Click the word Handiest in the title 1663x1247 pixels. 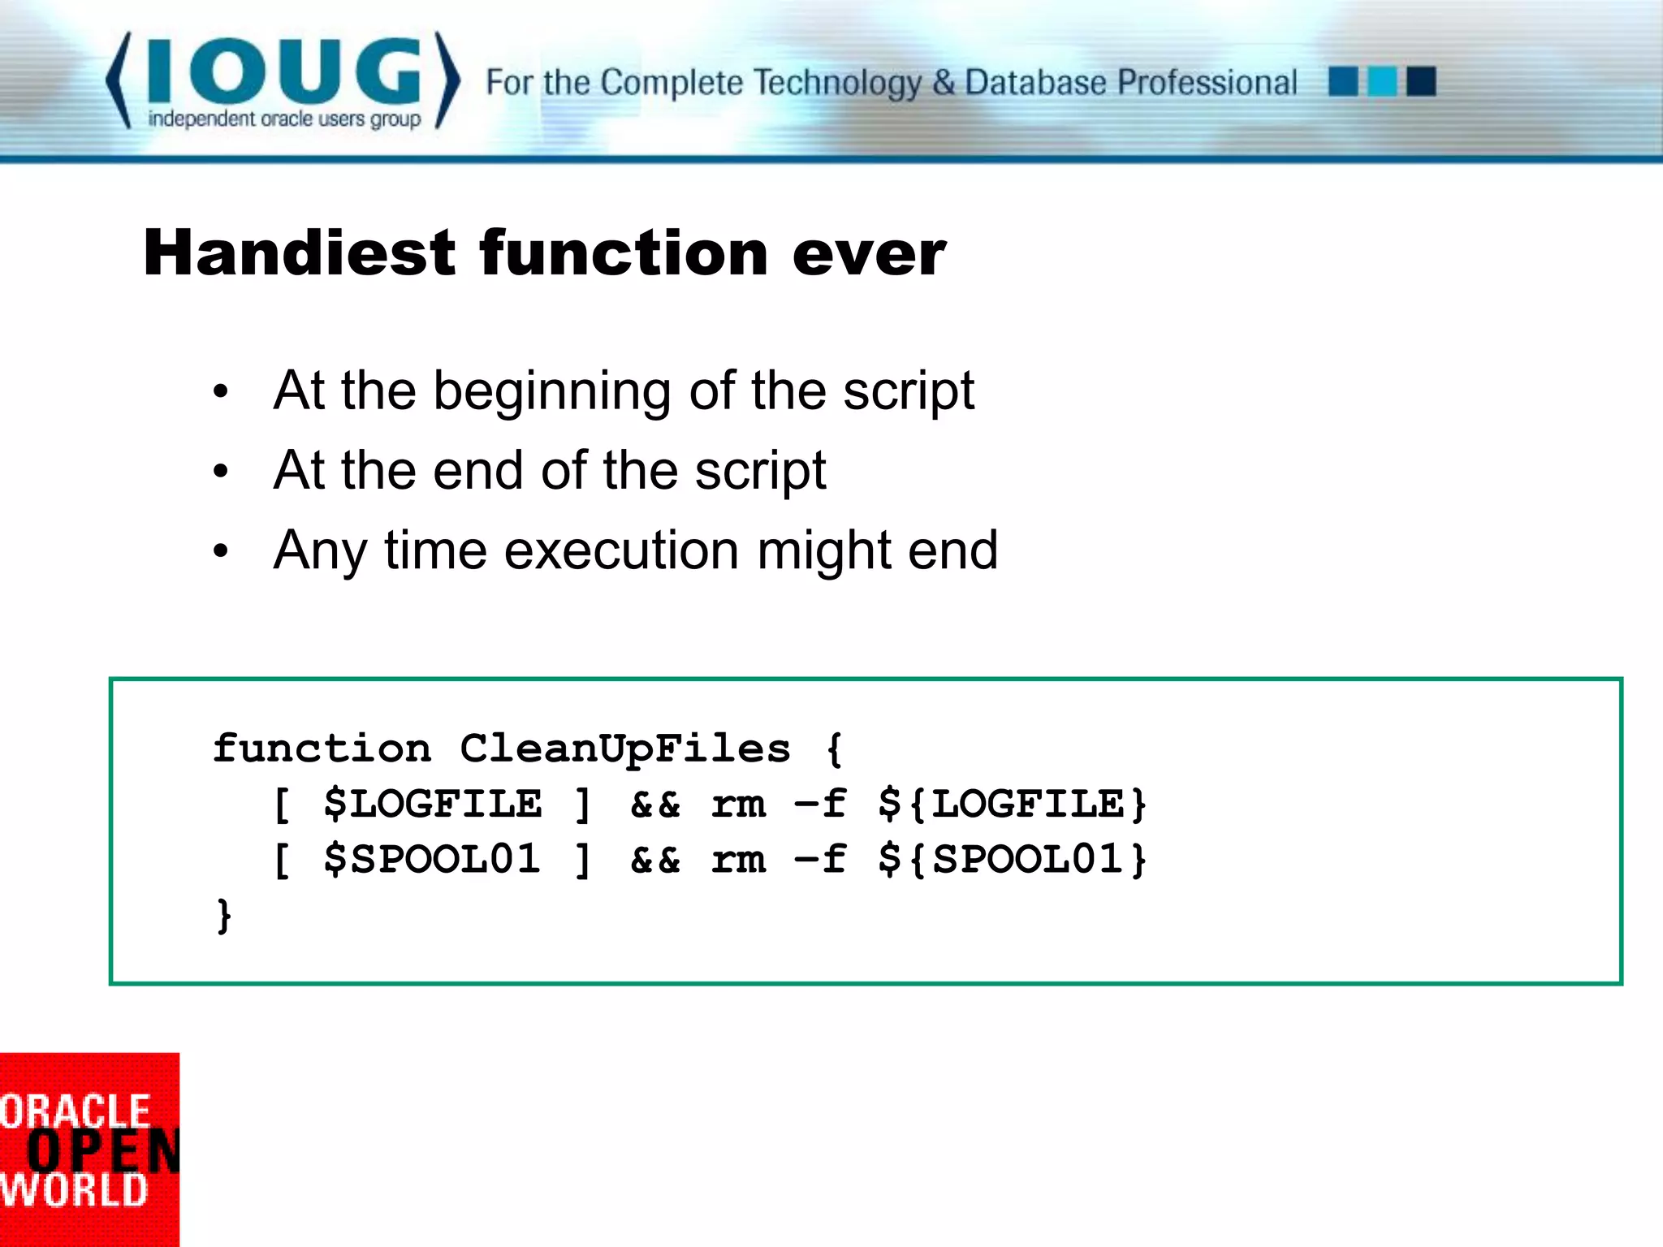point(299,253)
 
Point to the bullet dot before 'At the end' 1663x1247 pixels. point(221,472)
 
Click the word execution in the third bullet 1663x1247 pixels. point(621,550)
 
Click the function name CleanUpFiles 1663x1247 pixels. point(624,748)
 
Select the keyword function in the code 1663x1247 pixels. point(322,748)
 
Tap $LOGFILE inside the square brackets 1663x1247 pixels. point(432,804)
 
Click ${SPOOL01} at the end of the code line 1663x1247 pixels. point(1013,859)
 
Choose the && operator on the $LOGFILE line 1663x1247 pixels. point(655,804)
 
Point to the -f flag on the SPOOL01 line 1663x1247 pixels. point(820,859)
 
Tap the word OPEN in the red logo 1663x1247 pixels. point(102,1151)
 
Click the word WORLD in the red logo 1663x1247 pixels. point(73,1190)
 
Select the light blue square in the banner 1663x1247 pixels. point(1382,82)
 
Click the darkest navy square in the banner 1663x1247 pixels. point(1421,82)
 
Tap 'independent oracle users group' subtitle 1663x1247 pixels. point(284,119)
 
